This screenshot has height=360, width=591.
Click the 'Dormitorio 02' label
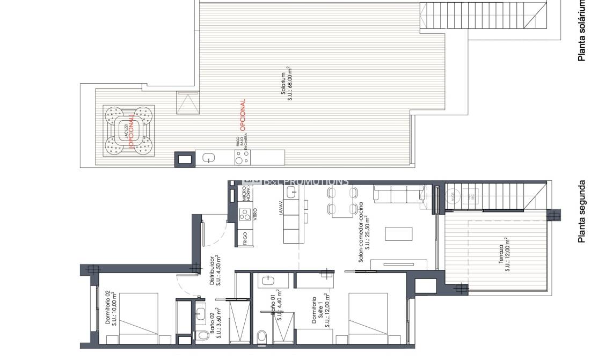[108, 307]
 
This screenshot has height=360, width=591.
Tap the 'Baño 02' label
[213, 324]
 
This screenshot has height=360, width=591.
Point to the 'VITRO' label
[256, 214]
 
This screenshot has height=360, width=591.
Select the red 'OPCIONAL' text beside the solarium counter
[243, 115]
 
